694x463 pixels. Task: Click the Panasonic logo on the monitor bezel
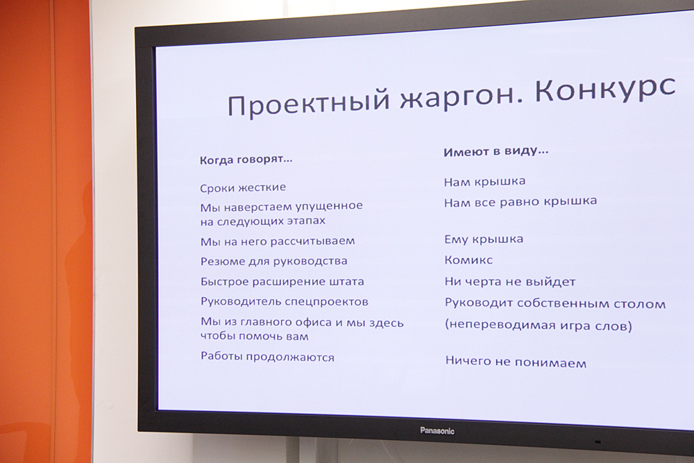(437, 430)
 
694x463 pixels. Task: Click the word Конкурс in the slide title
(605, 90)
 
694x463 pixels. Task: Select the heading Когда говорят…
(246, 160)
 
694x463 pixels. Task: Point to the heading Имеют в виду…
(496, 151)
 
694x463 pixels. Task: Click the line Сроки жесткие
(243, 187)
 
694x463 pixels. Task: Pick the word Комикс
(468, 260)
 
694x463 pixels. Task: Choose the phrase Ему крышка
(484, 239)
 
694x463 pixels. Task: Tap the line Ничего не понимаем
(516, 362)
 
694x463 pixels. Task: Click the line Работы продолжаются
(267, 357)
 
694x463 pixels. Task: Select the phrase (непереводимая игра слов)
(539, 326)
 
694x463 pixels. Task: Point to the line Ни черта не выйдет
(510, 282)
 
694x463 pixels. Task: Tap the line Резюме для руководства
(273, 261)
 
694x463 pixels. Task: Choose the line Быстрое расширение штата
(282, 282)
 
